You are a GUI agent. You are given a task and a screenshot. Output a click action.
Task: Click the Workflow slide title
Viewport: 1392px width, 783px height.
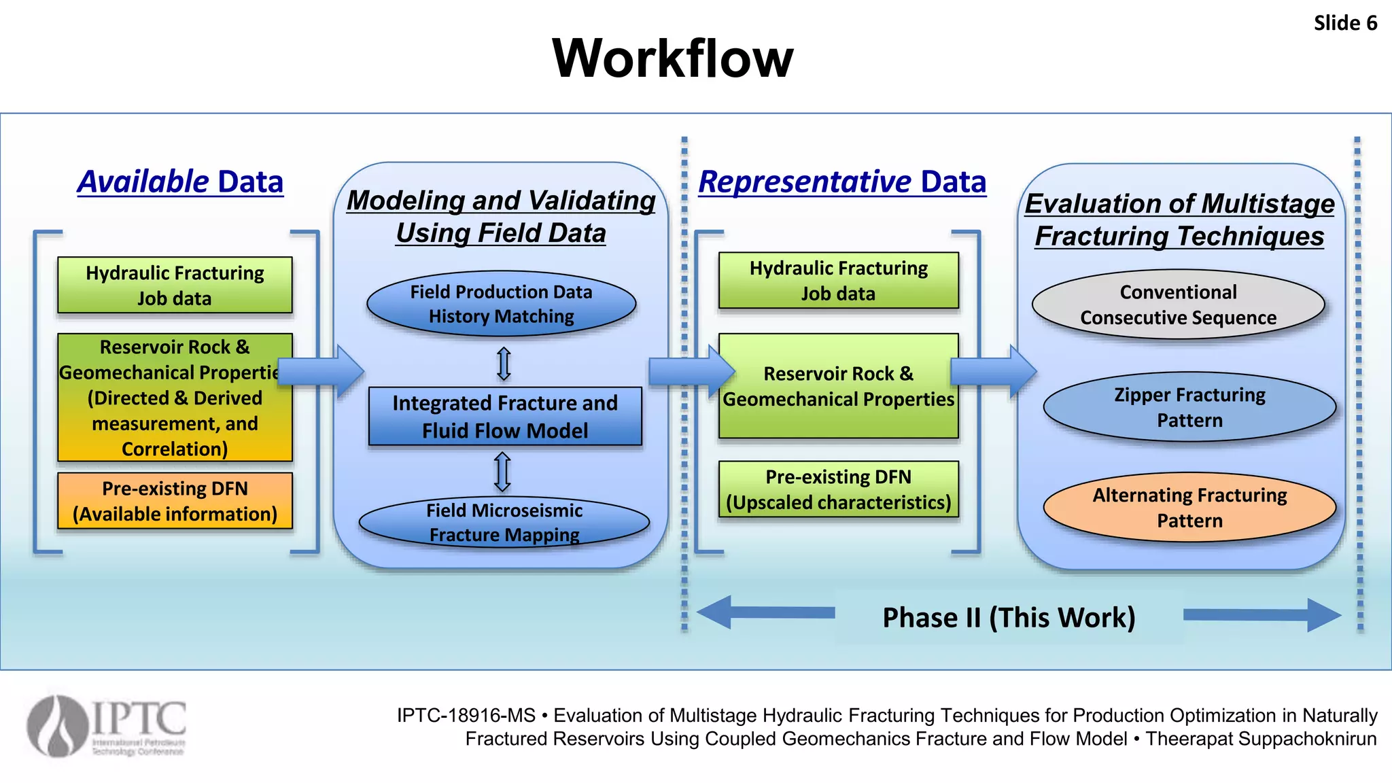pos(672,58)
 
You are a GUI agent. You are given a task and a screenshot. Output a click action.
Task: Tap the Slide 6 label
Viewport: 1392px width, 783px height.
pos(1344,23)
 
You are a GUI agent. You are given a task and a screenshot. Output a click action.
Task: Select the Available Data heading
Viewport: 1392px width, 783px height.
pos(180,182)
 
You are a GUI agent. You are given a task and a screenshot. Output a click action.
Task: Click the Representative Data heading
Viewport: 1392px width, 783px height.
pos(842,182)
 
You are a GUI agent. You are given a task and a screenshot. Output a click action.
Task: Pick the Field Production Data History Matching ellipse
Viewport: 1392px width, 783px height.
pos(501,304)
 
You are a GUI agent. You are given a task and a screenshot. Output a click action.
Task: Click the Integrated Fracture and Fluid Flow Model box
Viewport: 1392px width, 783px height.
pos(504,417)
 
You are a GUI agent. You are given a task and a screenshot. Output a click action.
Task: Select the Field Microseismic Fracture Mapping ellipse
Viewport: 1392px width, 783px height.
pos(504,522)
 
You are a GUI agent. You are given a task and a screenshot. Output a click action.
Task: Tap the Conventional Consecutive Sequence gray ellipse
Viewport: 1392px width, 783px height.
pos(1178,304)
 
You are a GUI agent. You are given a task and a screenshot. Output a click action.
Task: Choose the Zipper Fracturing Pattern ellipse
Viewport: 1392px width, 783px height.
pos(1189,407)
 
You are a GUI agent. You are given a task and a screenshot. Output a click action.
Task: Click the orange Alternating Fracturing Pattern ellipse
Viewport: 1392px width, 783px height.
pos(1189,507)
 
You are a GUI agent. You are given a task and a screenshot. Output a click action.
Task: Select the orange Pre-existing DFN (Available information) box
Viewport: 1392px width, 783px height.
pos(175,501)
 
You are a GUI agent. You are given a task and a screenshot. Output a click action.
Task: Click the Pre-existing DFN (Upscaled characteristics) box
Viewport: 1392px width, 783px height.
pos(838,489)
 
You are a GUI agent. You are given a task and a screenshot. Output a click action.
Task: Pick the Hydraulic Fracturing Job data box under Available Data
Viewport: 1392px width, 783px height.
pos(175,285)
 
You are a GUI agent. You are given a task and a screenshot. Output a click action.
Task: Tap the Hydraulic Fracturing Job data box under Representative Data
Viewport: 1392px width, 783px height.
pos(838,280)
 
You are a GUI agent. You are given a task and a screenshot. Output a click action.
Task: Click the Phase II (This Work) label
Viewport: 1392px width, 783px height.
pos(1009,617)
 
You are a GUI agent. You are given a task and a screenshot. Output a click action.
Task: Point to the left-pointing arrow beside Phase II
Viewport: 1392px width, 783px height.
pos(765,612)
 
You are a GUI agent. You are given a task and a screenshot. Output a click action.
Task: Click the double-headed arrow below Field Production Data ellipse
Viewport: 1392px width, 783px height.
pos(504,364)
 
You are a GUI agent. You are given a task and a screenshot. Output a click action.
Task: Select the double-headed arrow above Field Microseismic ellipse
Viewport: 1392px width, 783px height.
pos(502,472)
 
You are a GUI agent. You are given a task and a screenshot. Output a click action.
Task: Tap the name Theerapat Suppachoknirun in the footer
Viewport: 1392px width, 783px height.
pos(1261,739)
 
